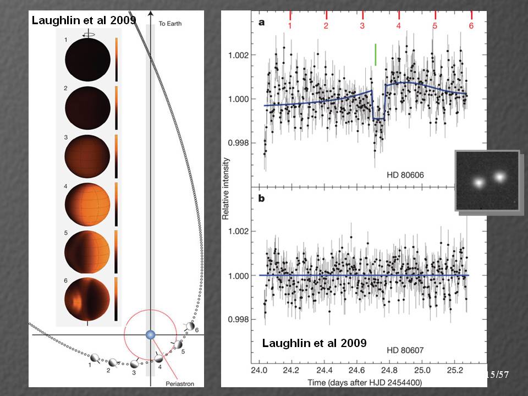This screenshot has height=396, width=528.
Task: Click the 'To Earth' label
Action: pos(170,24)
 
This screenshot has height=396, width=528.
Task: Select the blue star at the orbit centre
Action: pos(150,335)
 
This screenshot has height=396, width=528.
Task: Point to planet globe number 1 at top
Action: pos(87,61)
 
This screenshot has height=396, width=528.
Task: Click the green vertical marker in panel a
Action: pos(375,55)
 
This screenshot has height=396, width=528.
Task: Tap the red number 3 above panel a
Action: pos(362,25)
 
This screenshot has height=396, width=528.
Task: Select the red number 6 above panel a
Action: pos(471,25)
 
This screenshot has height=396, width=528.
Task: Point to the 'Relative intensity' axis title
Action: pos(226,189)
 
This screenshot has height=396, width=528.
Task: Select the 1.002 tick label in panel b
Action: pos(240,231)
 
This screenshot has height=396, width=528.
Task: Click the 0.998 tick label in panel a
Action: pos(240,142)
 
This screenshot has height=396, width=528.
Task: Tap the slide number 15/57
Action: pos(498,375)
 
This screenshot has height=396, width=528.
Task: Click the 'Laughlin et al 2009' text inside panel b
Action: pos(314,343)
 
